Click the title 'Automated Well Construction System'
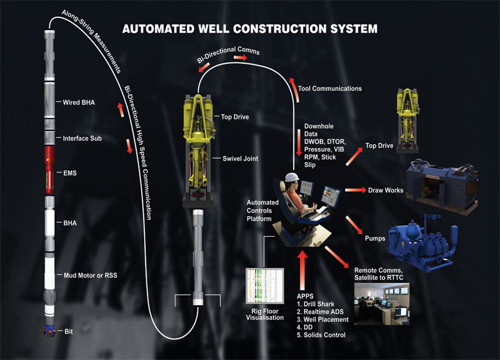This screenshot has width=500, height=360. (249, 29)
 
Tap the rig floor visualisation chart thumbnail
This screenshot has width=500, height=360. (264, 286)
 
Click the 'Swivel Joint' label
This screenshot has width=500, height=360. (240, 159)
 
